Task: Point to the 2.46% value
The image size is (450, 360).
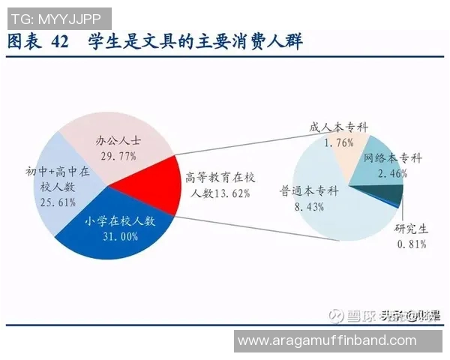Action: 394,173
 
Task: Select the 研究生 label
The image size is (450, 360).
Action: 411,229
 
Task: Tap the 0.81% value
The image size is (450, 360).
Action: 411,244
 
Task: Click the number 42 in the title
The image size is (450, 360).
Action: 60,42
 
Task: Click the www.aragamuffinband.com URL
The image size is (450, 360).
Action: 326,340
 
